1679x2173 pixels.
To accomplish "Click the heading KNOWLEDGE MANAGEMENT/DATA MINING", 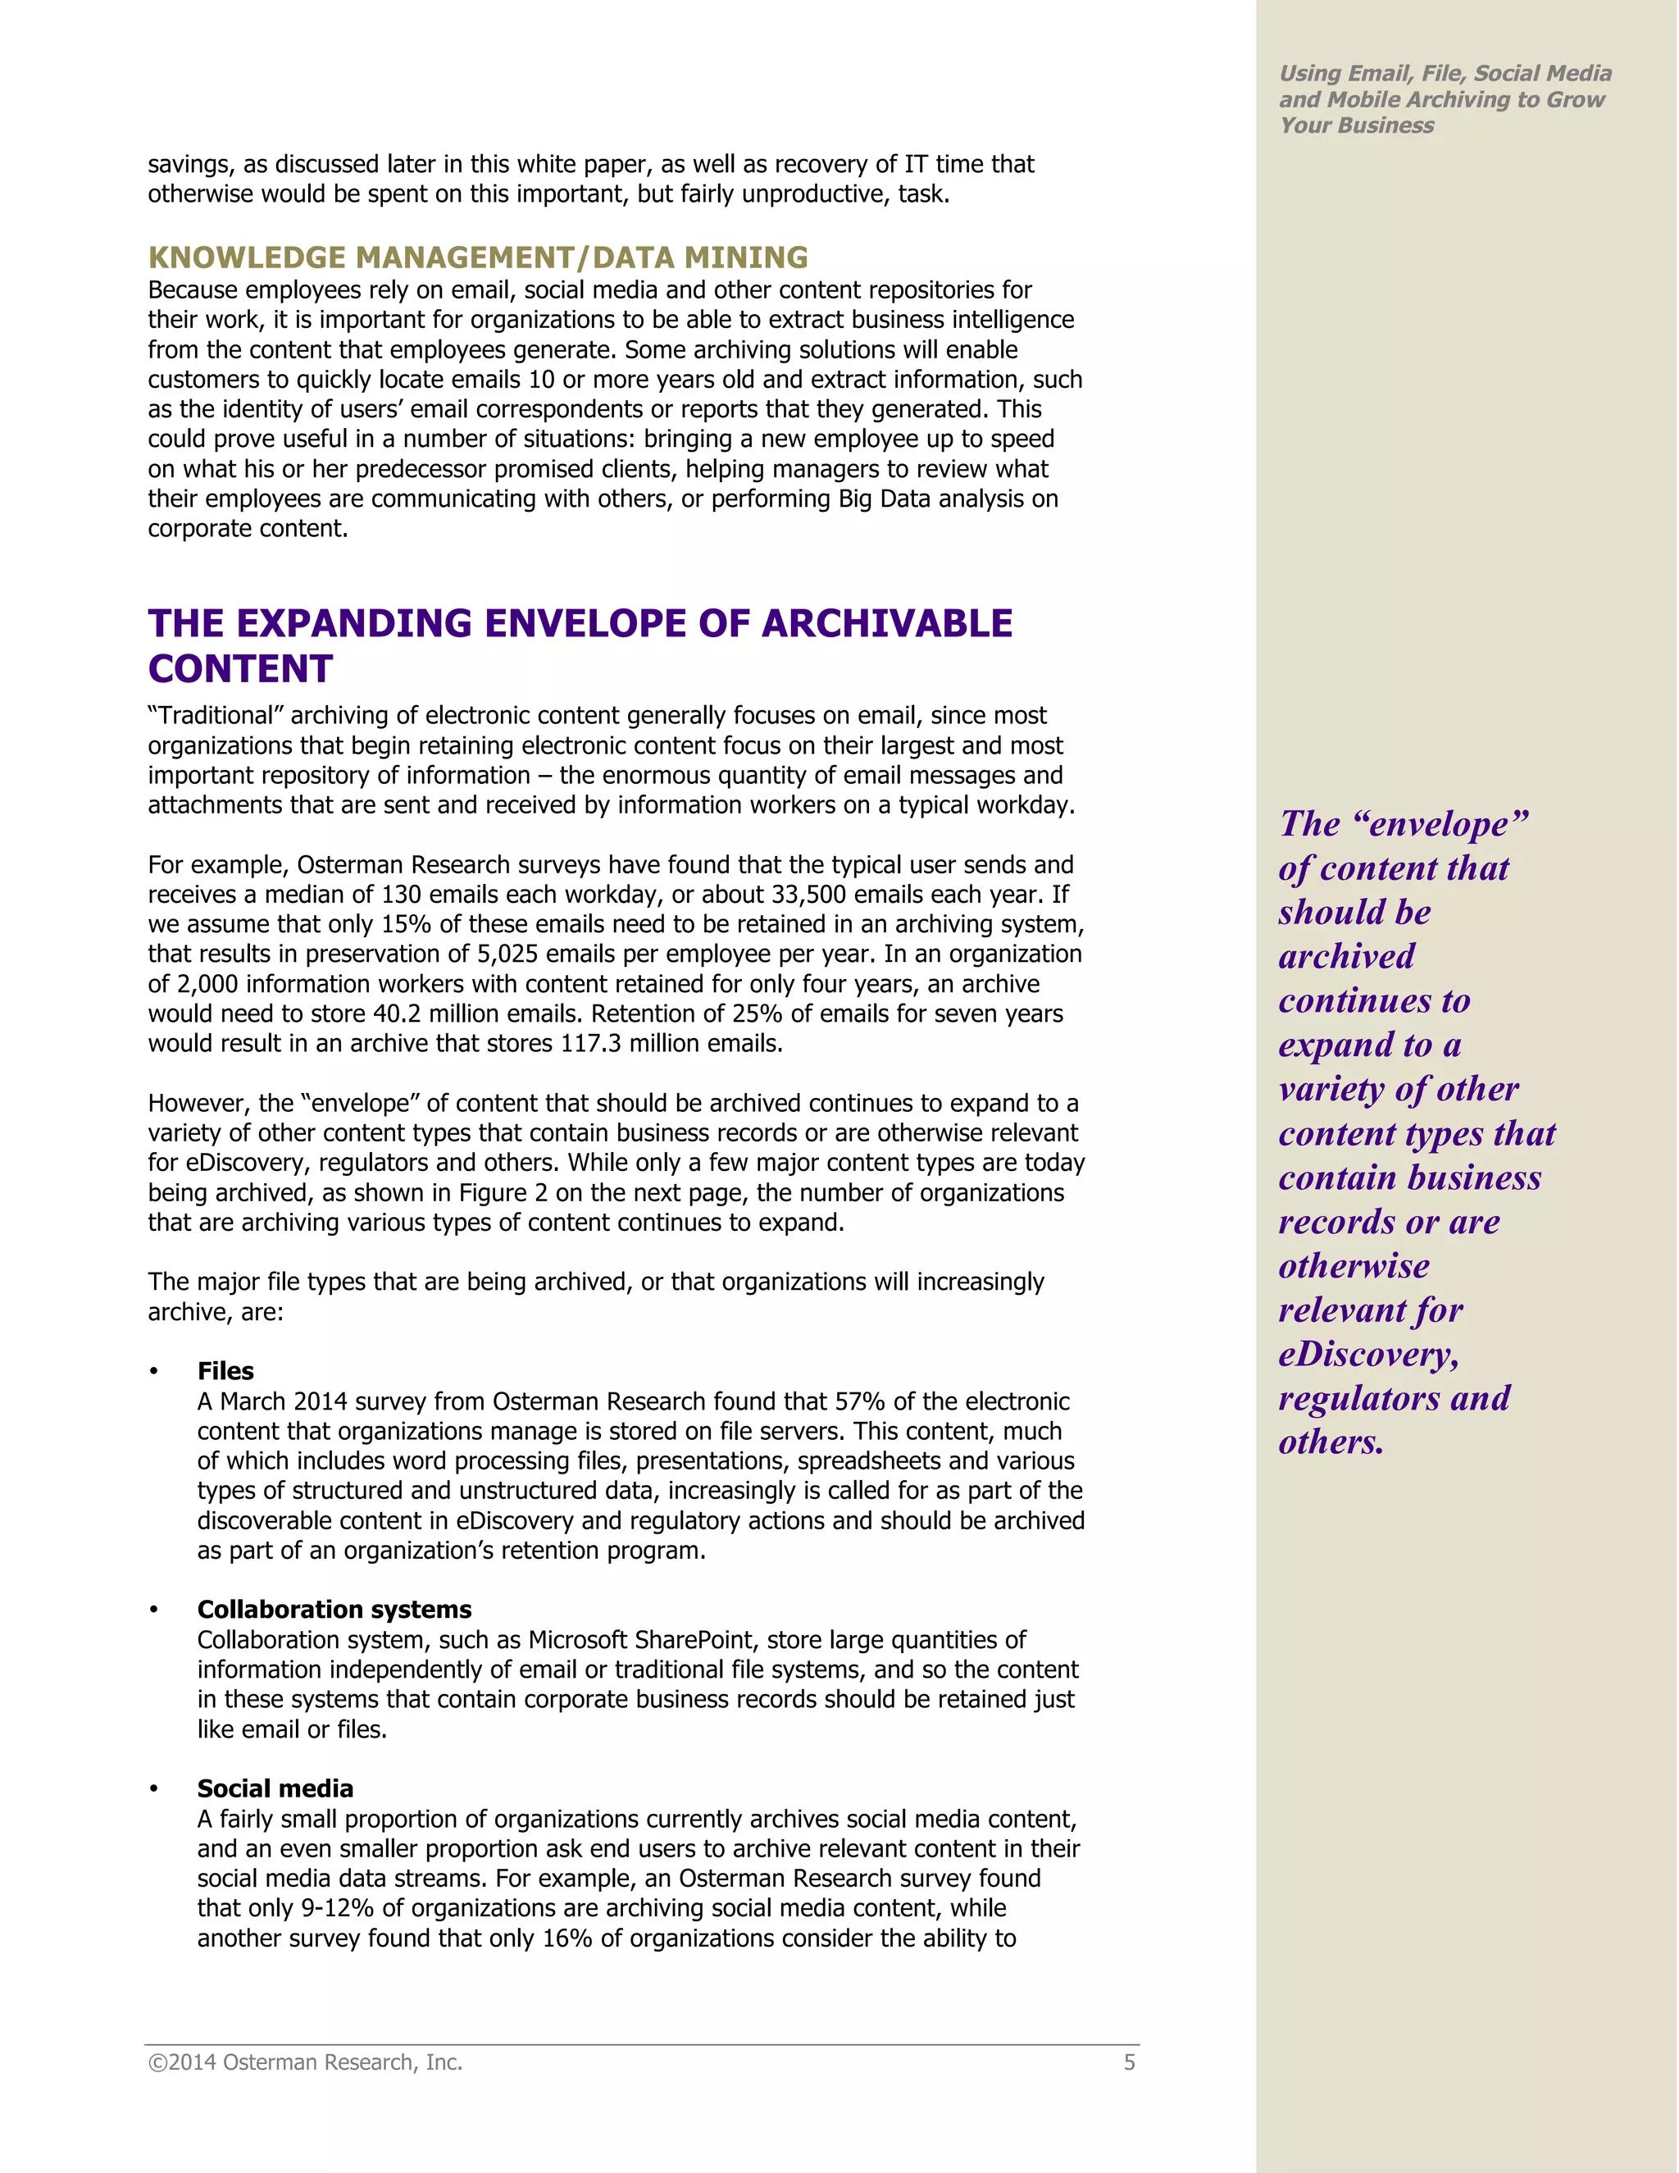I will pyautogui.click(x=477, y=257).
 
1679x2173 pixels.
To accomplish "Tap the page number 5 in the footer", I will pyautogui.click(x=1129, y=2062).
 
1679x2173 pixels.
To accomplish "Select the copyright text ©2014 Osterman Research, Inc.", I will pyautogui.click(x=305, y=2062).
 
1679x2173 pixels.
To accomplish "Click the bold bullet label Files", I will pyautogui.click(x=225, y=1371).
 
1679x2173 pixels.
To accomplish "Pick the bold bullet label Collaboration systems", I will pyautogui.click(x=334, y=1610).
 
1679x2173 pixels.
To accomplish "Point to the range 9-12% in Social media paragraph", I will pyautogui.click(x=340, y=1908).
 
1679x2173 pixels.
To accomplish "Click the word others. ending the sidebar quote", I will pyautogui.click(x=1331, y=1442).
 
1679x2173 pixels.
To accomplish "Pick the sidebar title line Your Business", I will pyautogui.click(x=1357, y=125).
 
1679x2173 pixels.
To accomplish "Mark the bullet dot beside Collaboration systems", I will pyautogui.click(x=154, y=1610).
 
